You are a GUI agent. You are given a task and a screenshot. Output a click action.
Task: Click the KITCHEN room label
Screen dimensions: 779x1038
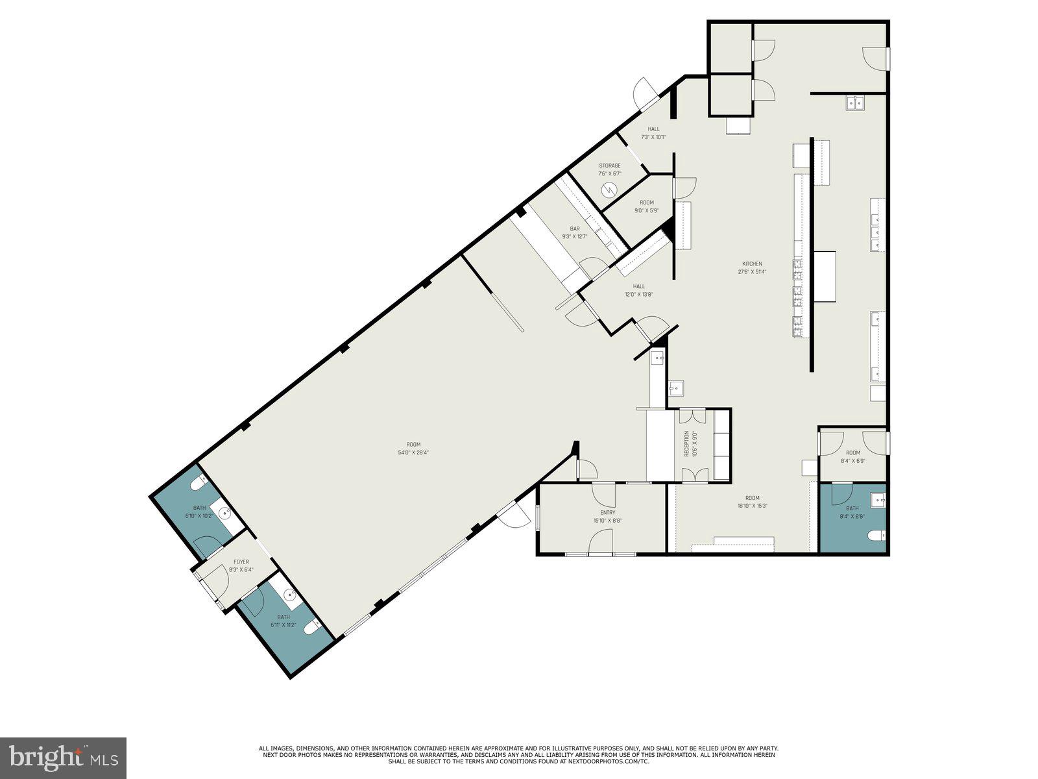(x=753, y=264)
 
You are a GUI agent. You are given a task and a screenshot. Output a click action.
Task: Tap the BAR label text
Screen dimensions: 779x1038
(x=575, y=229)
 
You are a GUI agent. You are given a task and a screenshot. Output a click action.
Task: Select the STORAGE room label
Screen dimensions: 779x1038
(x=610, y=166)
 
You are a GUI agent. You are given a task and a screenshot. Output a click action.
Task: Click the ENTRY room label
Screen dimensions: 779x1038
(x=608, y=512)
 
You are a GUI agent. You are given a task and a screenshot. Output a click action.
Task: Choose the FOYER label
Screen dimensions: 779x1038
(x=241, y=562)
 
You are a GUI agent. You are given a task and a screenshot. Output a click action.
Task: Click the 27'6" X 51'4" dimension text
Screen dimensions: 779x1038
(x=753, y=272)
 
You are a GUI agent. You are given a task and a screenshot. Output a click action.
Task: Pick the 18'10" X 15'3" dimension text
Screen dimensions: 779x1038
(x=753, y=506)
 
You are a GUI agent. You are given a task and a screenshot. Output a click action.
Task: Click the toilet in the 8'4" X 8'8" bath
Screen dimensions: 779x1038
(x=876, y=535)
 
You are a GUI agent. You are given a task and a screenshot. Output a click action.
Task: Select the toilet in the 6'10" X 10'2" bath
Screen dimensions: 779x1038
(x=198, y=484)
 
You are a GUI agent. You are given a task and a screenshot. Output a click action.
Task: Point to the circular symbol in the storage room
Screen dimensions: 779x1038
(x=609, y=189)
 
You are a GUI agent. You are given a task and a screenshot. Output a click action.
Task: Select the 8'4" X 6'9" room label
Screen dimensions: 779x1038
(x=853, y=457)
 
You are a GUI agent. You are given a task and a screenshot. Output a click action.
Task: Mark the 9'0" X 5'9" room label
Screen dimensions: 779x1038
(x=647, y=206)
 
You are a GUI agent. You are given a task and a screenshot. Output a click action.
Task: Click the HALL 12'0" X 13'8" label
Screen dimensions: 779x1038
(x=639, y=290)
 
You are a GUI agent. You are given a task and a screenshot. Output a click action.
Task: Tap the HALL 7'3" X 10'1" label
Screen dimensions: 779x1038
(x=653, y=133)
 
